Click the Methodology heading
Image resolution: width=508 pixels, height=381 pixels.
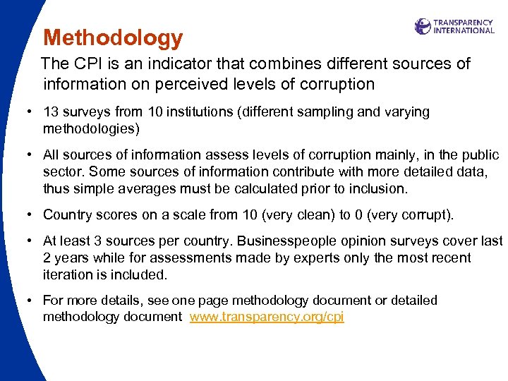tap(113, 37)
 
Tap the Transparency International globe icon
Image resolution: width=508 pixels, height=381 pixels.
tap(423, 27)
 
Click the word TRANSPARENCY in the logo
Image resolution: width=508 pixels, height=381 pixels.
tap(463, 23)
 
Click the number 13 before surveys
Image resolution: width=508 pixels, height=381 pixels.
tap(51, 112)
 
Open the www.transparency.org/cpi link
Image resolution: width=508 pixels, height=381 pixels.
tap(267, 317)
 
